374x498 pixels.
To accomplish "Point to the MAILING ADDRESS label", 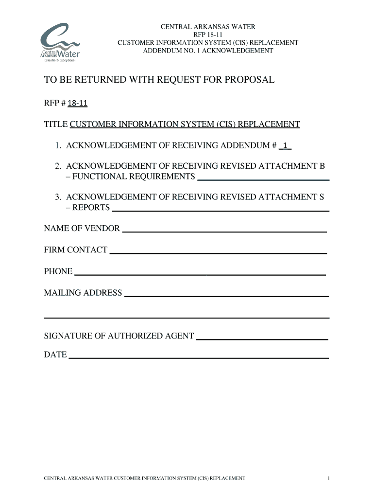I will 83,293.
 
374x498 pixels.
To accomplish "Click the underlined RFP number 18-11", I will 77,104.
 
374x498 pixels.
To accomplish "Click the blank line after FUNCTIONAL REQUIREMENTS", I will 263,179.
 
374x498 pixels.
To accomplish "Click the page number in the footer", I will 329,479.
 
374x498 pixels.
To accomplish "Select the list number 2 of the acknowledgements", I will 57,166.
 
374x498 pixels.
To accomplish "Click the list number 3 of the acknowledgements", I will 57,197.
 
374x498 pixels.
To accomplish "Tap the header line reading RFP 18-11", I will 208,35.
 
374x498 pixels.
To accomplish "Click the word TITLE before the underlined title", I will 56,124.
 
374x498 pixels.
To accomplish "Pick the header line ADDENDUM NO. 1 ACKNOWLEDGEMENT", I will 208,51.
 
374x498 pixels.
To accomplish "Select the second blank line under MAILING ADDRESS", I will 187,317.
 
